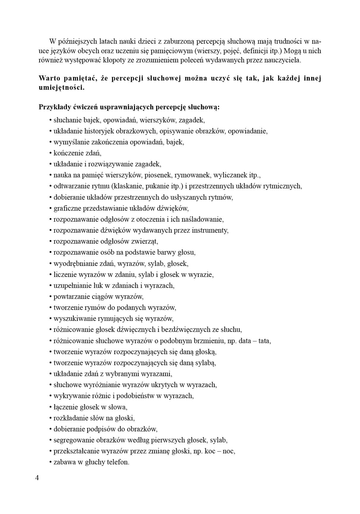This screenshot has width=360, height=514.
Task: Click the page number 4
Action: [37, 478]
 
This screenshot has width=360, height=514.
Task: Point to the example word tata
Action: [264, 341]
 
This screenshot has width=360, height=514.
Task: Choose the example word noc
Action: [228, 451]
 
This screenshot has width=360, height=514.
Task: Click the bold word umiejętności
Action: [62, 88]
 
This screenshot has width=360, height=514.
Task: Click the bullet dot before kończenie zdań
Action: [51, 153]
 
